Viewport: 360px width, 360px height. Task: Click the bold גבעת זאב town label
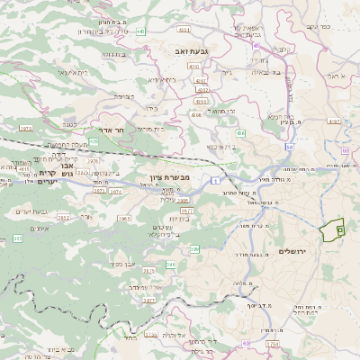(x=193, y=51)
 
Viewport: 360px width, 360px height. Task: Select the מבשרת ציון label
(x=171, y=177)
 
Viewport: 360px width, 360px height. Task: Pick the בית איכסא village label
(x=220, y=146)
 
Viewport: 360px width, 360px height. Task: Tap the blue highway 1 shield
(x=217, y=181)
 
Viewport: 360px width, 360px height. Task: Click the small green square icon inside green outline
(x=339, y=230)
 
